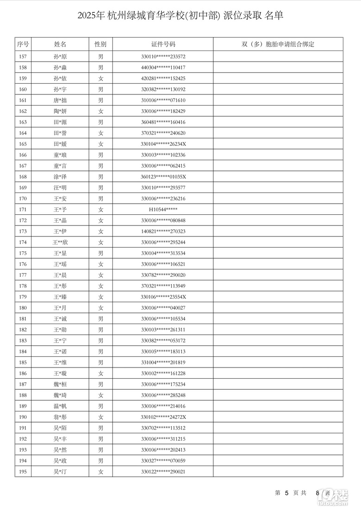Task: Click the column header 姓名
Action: [60, 44]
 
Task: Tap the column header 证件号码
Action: [163, 44]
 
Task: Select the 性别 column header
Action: [100, 44]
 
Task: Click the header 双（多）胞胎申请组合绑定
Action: [278, 44]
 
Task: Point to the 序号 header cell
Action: [23, 44]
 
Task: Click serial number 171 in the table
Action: [23, 210]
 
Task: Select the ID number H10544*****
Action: [163, 210]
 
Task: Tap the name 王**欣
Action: [60, 243]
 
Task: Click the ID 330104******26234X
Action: [163, 144]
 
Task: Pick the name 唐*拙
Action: [60, 100]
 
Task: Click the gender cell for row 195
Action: [100, 472]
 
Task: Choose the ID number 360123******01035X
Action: [163, 177]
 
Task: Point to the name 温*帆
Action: [60, 406]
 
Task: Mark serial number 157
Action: [23, 57]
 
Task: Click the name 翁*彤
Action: [60, 417]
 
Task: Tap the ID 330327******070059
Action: [163, 461]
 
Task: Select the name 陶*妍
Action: [60, 111]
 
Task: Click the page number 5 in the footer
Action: [287, 493]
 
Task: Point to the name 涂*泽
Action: [60, 177]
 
